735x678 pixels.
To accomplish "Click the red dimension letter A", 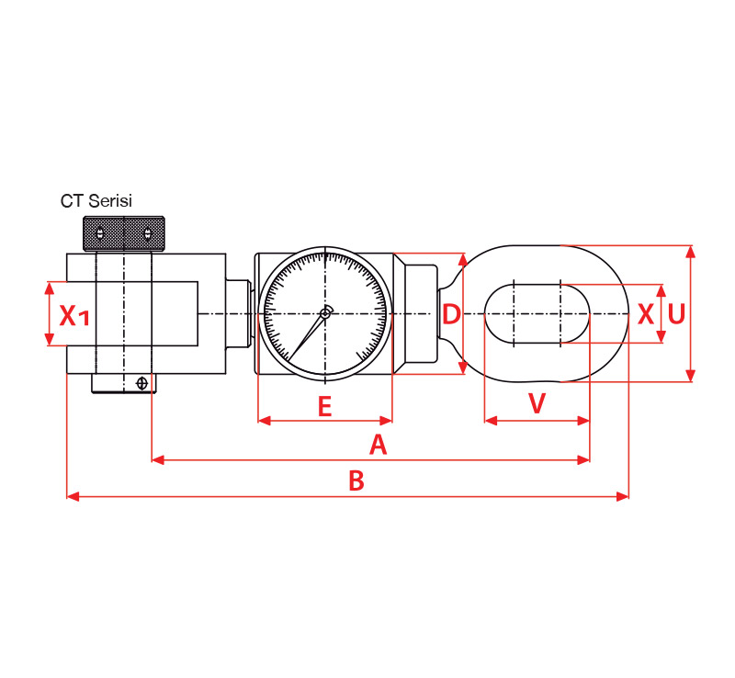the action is point(379,445).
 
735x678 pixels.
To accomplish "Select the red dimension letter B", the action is point(356,480).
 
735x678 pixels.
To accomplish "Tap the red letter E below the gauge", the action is point(325,406).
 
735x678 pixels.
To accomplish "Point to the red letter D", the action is point(451,314).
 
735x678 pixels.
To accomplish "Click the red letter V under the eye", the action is point(537,402).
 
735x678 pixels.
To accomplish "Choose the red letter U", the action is point(676,314).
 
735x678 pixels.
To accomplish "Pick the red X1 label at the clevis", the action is point(74,315).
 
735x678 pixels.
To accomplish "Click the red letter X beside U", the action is point(646,314).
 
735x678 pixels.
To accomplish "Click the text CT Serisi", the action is point(96,200).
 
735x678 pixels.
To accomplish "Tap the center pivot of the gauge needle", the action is point(324,314).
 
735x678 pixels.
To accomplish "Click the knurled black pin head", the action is point(124,233).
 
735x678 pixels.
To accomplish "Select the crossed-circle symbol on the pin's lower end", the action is point(141,383).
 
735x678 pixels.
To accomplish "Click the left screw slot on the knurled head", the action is point(100,233).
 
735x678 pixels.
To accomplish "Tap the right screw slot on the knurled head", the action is point(148,233).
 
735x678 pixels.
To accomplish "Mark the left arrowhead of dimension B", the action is point(73,496).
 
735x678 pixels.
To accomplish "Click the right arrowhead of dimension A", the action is point(583,460).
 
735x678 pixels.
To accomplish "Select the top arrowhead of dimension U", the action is point(690,252).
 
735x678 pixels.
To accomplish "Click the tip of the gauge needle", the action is point(288,361).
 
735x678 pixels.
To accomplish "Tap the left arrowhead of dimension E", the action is point(265,421).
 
